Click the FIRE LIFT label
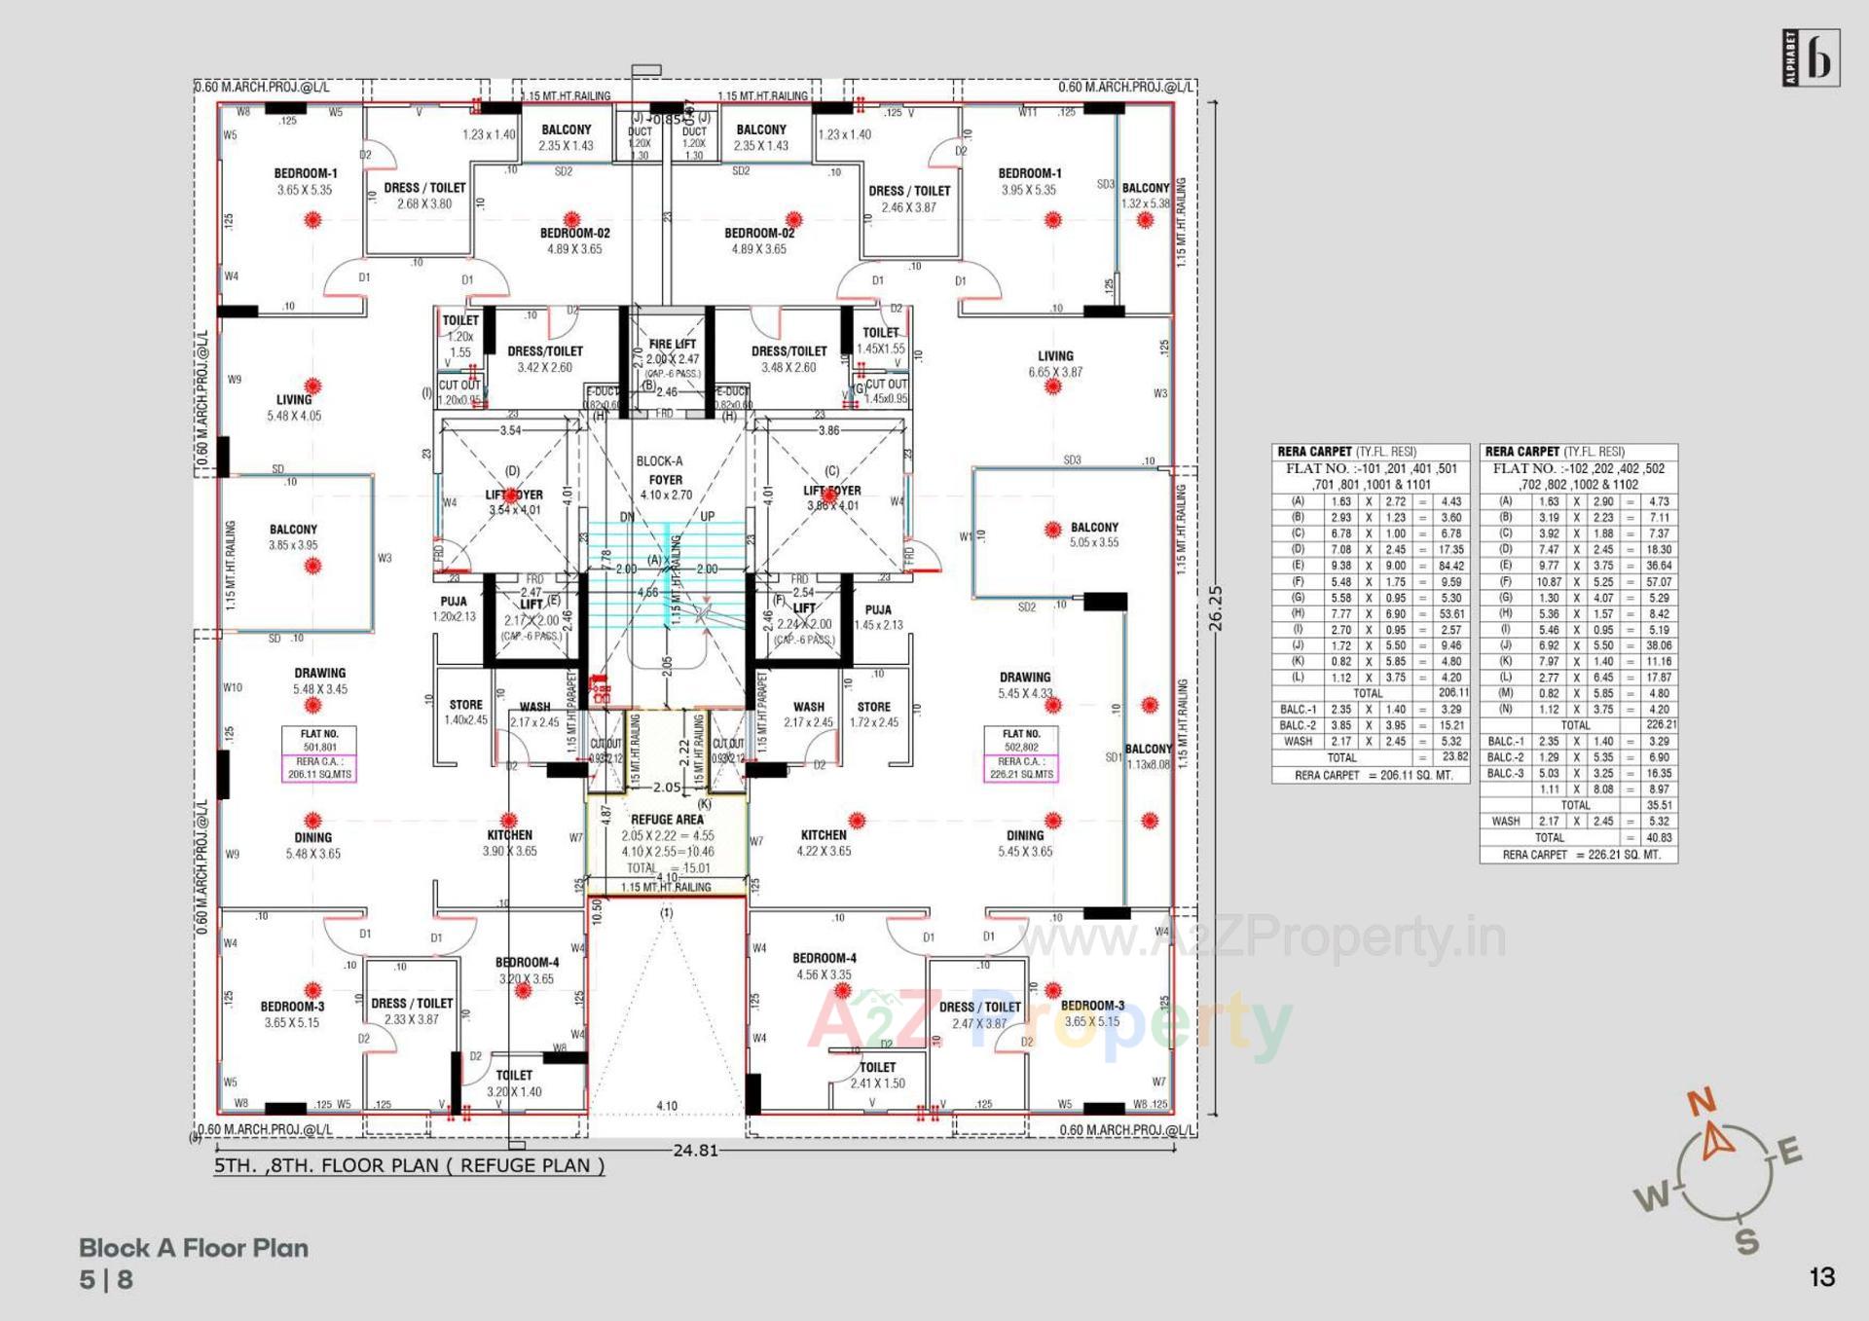click(x=672, y=344)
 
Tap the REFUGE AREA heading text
click(x=667, y=820)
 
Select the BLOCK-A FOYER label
click(x=660, y=470)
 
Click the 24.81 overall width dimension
click(x=695, y=1151)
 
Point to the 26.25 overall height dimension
click(x=1215, y=608)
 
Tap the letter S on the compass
click(x=1747, y=1241)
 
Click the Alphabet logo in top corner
click(x=1811, y=58)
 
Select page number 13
click(x=1821, y=1277)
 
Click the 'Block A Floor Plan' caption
click(x=194, y=1248)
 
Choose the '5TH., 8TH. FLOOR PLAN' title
click(x=409, y=1165)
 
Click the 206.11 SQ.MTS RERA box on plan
click(x=319, y=768)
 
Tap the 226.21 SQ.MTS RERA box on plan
click(x=1021, y=768)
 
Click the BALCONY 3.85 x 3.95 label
click(x=293, y=537)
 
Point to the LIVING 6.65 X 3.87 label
click(x=1055, y=364)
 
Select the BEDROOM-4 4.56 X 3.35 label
click(x=824, y=966)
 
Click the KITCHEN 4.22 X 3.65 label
click(x=824, y=843)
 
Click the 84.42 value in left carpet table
click(x=1450, y=566)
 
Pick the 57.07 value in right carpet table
click(x=1659, y=582)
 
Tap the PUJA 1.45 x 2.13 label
click(x=878, y=617)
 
